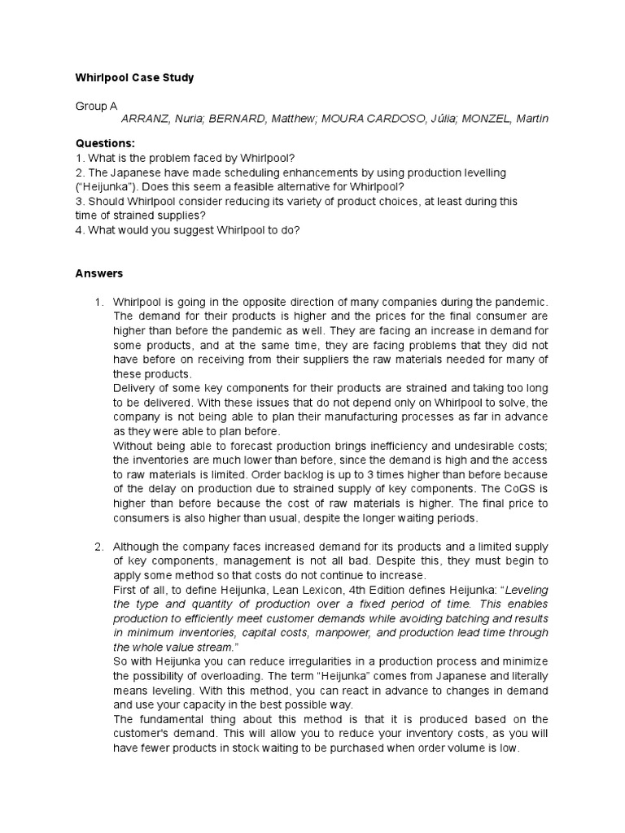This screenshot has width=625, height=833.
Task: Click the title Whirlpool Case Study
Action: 134,78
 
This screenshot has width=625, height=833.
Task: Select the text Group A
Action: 96,106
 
